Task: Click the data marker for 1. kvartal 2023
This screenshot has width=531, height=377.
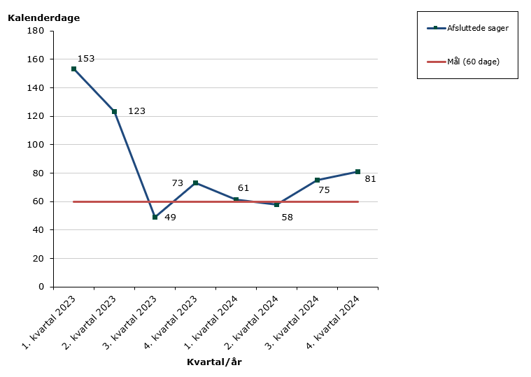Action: pyautogui.click(x=73, y=69)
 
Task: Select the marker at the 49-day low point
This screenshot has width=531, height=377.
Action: pyautogui.click(x=155, y=217)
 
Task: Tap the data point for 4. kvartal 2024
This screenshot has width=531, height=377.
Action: pyautogui.click(x=357, y=171)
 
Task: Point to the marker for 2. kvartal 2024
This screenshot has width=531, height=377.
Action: pyautogui.click(x=276, y=204)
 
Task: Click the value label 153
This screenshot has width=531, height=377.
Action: pyautogui.click(x=86, y=59)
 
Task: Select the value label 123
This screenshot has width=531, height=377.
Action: pyautogui.click(x=136, y=111)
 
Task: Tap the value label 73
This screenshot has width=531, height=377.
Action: pyautogui.click(x=178, y=183)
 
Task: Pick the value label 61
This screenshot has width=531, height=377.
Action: pyautogui.click(x=243, y=188)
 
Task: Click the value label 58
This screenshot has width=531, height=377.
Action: pyautogui.click(x=287, y=218)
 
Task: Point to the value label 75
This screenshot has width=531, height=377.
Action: pyautogui.click(x=324, y=190)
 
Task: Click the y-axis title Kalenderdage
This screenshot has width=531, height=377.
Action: pyautogui.click(x=43, y=18)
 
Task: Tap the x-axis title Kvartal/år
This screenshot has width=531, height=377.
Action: pyautogui.click(x=214, y=362)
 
